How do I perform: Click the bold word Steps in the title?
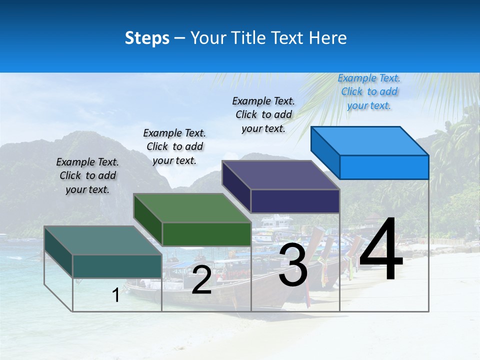[147, 38]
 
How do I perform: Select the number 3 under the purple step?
[293, 265]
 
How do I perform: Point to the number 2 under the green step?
[201, 280]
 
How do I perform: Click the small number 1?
[116, 295]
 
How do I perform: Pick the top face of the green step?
[192, 208]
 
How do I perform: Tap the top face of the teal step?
[103, 240]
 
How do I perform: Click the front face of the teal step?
[117, 266]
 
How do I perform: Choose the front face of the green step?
[206, 234]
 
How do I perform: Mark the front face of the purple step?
[295, 201]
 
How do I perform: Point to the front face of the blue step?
[384, 167]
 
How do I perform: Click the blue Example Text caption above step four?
[369, 91]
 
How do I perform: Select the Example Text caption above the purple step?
[263, 114]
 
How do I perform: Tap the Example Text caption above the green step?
[174, 146]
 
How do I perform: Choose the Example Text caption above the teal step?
[87, 175]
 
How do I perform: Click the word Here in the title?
[328, 38]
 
